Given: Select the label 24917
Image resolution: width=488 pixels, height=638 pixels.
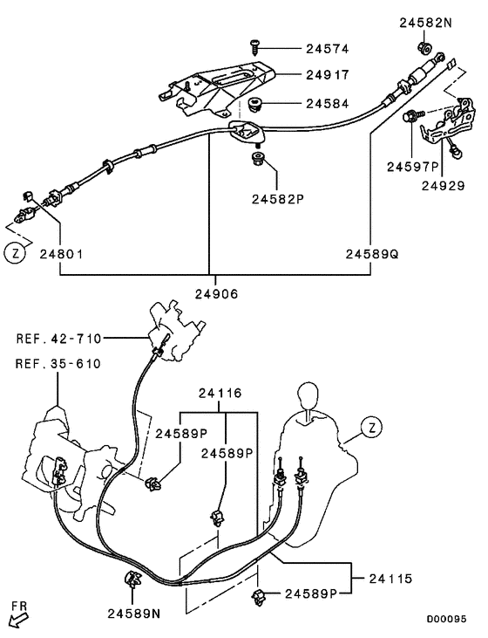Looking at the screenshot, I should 327,76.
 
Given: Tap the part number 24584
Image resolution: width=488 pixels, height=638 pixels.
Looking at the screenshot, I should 327,104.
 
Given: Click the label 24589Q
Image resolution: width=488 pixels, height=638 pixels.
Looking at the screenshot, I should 371,254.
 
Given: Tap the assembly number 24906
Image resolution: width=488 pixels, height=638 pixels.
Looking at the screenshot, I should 210,294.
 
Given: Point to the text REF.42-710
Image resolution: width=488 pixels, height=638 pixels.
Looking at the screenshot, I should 59,338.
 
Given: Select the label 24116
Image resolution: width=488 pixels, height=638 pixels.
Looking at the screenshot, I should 220,394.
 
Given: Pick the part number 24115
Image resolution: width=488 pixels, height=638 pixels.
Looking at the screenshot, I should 392,578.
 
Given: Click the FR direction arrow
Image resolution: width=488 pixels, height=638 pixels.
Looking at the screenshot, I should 17,616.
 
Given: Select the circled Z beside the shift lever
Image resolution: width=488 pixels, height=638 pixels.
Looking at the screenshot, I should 372,429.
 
